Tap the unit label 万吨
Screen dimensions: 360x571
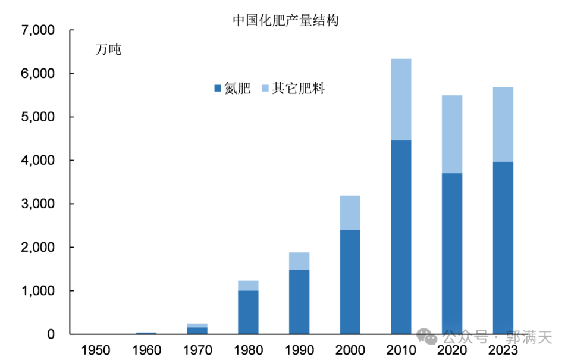(x=108, y=50)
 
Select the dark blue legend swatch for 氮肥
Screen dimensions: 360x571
(x=218, y=89)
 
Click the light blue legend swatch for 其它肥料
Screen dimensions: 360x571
(x=265, y=89)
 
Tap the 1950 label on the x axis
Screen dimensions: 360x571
(x=95, y=349)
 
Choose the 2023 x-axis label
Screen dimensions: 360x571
(x=503, y=349)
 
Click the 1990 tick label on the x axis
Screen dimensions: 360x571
(x=299, y=349)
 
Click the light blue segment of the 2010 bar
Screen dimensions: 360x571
(x=401, y=99)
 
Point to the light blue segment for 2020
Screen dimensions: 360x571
(x=452, y=134)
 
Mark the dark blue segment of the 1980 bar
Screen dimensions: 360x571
(x=248, y=312)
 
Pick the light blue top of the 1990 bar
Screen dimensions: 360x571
(x=299, y=261)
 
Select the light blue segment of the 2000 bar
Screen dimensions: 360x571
(x=350, y=212)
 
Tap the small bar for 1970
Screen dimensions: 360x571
(x=197, y=330)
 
